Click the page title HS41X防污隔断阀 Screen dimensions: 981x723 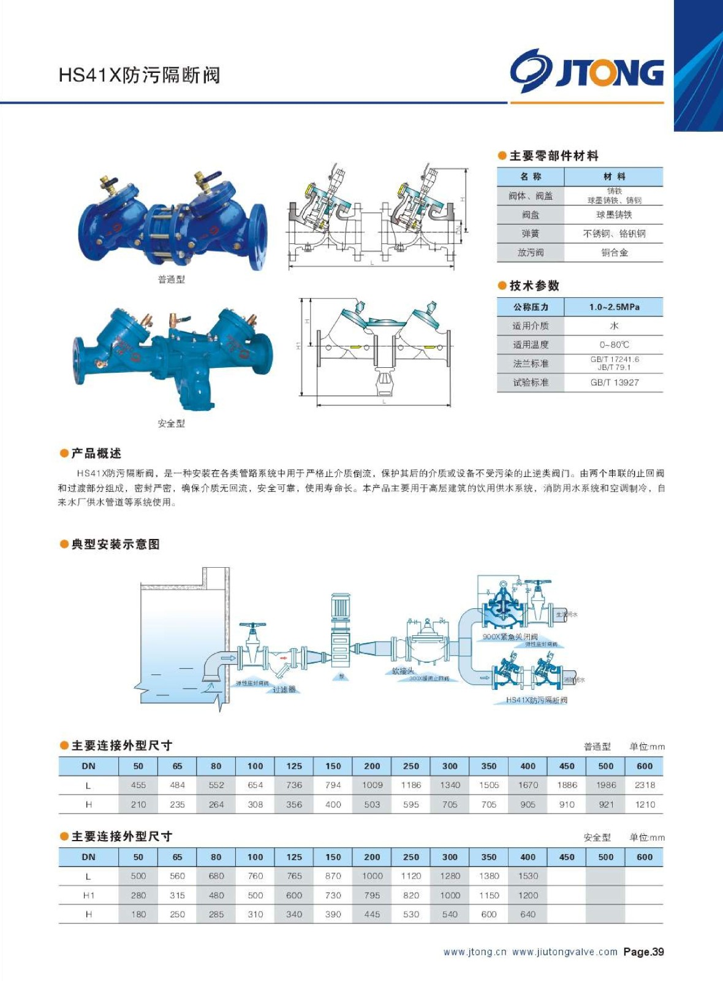139,75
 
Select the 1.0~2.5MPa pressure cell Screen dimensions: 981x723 614,307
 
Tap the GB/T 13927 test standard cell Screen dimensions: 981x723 614,383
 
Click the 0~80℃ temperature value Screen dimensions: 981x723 614,345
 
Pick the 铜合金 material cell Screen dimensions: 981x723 614,253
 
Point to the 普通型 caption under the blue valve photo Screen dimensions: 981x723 171,280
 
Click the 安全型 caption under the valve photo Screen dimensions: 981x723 171,424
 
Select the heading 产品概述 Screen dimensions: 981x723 96,453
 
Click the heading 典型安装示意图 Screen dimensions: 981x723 115,544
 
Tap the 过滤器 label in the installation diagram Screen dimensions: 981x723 284,690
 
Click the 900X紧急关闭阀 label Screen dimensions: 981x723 510,637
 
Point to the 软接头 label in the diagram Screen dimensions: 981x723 403,671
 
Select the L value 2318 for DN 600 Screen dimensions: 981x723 645,785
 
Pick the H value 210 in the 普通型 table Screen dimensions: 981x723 138,804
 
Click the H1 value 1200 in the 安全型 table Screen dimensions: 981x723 528,895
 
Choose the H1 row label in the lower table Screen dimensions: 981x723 89,895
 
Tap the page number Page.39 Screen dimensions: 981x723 643,952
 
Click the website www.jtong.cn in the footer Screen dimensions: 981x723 475,952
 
